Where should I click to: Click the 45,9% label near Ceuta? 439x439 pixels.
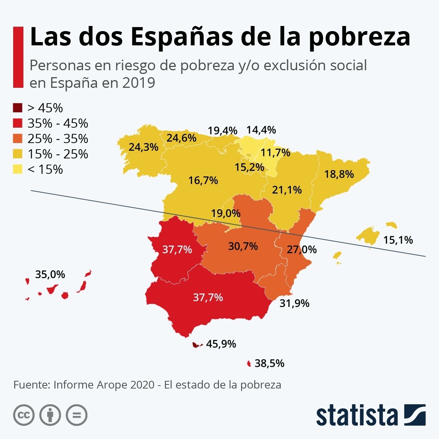coord(221,344)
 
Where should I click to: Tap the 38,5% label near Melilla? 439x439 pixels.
coord(270,363)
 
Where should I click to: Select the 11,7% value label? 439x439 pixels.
coord(275,153)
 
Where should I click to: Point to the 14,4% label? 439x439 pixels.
coord(261,130)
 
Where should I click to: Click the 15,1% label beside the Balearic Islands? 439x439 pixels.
coord(398,240)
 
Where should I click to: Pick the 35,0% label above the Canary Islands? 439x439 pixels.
coord(50,274)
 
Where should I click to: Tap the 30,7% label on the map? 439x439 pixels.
coord(243,246)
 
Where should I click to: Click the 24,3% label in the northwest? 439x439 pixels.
coord(143,147)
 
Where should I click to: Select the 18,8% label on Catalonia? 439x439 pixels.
coord(339,174)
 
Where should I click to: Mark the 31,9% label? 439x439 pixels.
coord(294,303)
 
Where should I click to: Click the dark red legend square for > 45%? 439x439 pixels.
coord(18,108)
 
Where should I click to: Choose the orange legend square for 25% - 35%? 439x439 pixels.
coord(18,139)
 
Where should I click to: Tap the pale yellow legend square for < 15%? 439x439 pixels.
coord(18,170)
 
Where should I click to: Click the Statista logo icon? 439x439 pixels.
coord(415,415)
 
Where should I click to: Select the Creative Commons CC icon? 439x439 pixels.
coord(24,415)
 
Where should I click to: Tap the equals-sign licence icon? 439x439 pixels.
coord(77,415)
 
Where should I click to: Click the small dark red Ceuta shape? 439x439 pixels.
coord(196,345)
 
